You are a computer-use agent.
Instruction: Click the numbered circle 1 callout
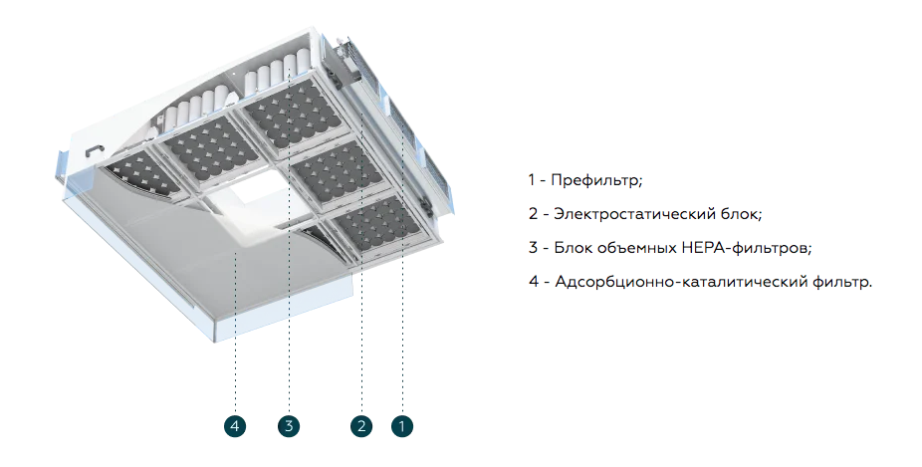(401, 426)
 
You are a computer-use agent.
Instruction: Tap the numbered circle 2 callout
(361, 426)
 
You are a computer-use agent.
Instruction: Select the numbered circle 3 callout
(289, 426)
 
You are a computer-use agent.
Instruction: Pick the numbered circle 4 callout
(235, 426)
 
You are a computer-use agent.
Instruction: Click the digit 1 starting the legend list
(532, 180)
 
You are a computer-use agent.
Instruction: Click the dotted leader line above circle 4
(235, 339)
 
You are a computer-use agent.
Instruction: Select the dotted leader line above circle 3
(289, 339)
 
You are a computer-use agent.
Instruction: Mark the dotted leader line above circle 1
(401, 339)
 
